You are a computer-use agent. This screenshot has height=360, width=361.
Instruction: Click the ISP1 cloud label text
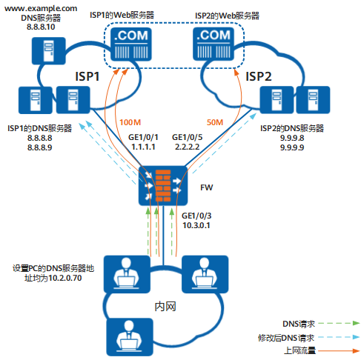click(87, 76)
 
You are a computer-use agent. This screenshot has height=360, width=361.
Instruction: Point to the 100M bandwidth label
click(130, 121)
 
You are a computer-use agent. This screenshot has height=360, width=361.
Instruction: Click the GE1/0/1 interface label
click(145, 138)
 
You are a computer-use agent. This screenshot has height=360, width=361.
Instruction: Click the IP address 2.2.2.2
click(187, 148)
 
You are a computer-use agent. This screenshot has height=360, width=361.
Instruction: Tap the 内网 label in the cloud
click(165, 307)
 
